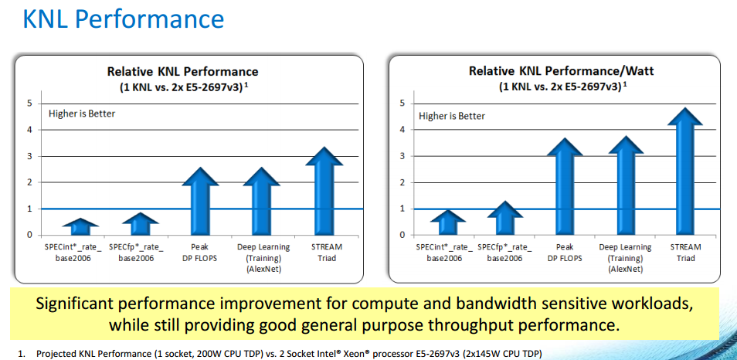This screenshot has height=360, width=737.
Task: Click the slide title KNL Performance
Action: tap(124, 19)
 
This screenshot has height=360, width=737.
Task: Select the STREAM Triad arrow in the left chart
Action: tap(324, 193)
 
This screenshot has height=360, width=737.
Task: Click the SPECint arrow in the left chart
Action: tap(81, 227)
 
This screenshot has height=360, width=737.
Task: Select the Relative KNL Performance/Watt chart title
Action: tap(561, 71)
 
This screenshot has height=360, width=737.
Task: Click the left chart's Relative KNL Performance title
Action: tap(182, 72)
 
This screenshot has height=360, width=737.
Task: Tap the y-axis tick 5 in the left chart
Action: tap(30, 103)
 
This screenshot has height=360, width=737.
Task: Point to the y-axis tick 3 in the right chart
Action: tap(402, 156)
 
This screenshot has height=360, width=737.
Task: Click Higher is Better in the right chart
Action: tap(452, 116)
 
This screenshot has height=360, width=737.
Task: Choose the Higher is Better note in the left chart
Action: tap(82, 114)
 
